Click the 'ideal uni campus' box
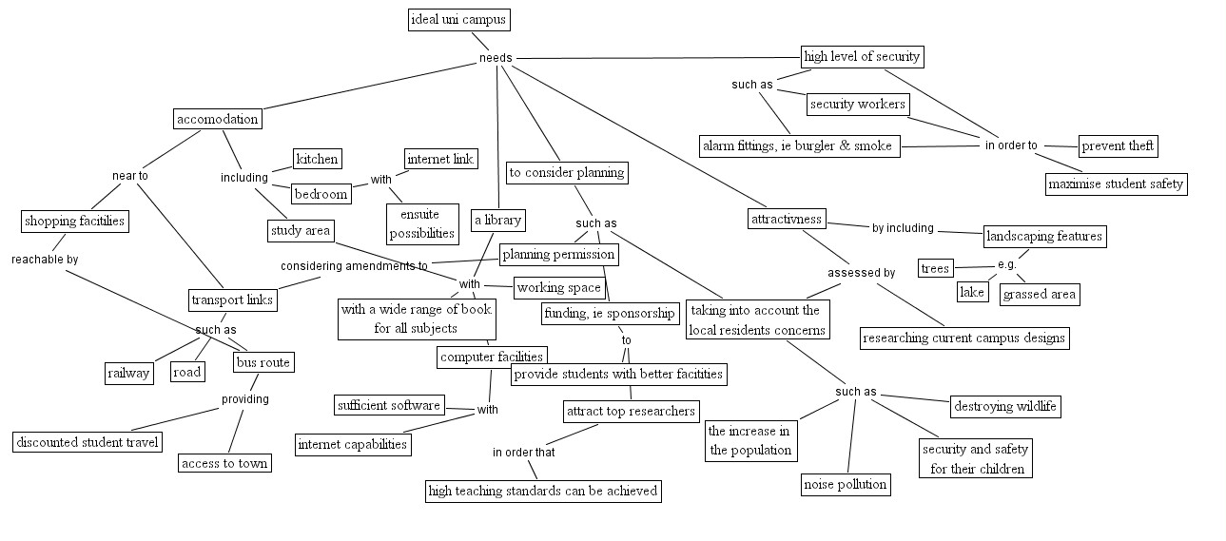(458, 19)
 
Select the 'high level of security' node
(862, 56)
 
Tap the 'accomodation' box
(217, 119)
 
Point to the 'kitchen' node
(317, 159)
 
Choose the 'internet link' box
(440, 158)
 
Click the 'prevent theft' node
(1119, 145)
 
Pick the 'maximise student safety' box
(1117, 184)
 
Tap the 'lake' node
(972, 292)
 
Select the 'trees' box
(935, 269)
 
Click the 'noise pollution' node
(846, 484)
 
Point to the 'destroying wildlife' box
(1005, 407)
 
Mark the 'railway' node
(128, 373)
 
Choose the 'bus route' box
(263, 362)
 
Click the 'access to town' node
(224, 463)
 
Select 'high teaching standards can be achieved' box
(542, 491)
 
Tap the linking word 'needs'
(496, 58)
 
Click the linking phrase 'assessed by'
(861, 273)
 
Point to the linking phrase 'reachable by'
(45, 259)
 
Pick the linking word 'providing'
(244, 399)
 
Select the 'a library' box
(497, 221)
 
